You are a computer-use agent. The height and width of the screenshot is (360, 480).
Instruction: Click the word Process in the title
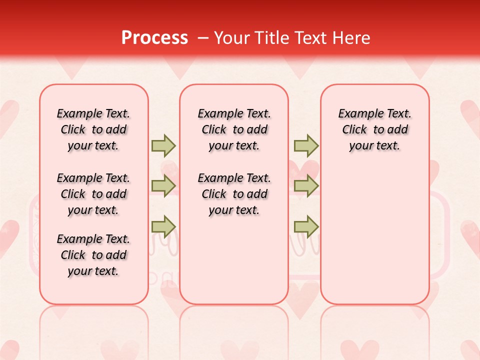click(154, 38)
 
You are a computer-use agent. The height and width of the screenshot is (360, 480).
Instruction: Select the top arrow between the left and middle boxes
click(163, 145)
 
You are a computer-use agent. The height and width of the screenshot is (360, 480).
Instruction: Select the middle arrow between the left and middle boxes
click(163, 186)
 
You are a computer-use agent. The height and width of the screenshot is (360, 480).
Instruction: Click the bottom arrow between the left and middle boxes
click(163, 226)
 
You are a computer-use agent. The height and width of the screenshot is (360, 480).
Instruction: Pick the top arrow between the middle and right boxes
click(305, 145)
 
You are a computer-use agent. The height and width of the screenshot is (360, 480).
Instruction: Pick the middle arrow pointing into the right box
click(305, 186)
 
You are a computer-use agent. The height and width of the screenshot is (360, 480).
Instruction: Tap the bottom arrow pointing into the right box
click(305, 226)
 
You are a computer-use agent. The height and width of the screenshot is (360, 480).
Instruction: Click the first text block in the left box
click(93, 129)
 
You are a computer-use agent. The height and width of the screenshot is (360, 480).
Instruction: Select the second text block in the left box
click(93, 194)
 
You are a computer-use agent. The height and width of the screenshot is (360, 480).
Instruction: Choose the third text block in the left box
click(93, 255)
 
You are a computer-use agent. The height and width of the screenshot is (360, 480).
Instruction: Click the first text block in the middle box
click(234, 129)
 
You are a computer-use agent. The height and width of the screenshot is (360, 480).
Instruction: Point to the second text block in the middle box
click(234, 194)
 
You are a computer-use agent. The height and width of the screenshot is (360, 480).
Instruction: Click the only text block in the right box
click(375, 129)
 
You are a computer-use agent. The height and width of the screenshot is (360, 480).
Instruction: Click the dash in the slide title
click(203, 38)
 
